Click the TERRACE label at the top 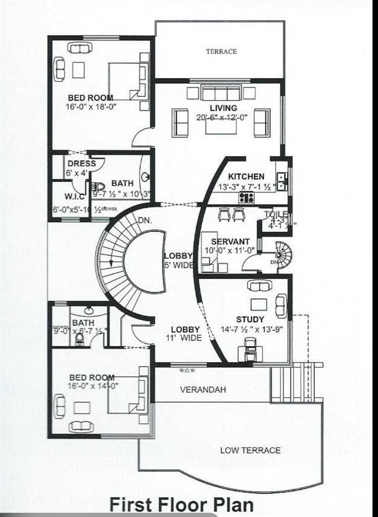click(x=221, y=51)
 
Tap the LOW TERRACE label click(x=250, y=450)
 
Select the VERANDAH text click(x=203, y=390)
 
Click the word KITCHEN click(x=246, y=177)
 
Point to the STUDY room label click(x=250, y=319)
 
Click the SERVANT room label click(x=230, y=242)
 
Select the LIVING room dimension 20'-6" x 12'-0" click(x=222, y=117)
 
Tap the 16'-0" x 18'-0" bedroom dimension click(x=91, y=107)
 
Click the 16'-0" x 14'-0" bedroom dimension click(x=91, y=386)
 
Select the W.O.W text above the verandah click(x=187, y=370)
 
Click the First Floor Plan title click(x=181, y=504)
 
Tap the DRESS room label click(x=81, y=164)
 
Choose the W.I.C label click(x=74, y=196)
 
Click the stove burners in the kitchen click(x=246, y=197)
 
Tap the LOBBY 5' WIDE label click(x=178, y=261)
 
